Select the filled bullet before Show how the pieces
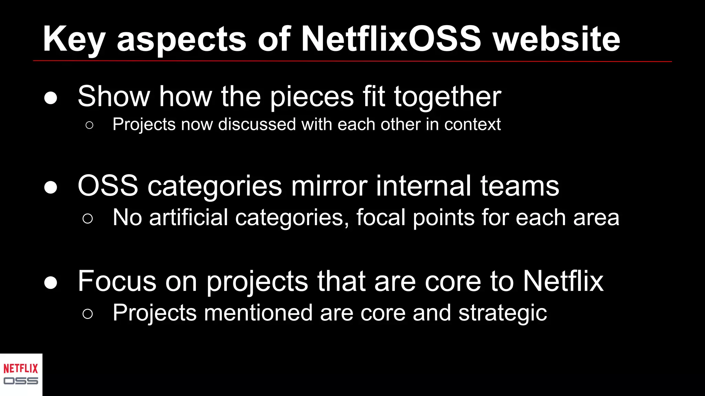click(x=51, y=98)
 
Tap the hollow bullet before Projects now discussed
click(x=89, y=125)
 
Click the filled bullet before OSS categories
click(x=51, y=187)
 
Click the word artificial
click(x=188, y=218)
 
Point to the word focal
click(x=381, y=218)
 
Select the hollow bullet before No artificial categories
click(x=88, y=219)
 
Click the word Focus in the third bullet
click(x=117, y=281)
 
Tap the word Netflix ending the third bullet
click(x=563, y=281)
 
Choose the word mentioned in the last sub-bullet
click(x=258, y=313)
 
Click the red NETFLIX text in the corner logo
click(x=21, y=369)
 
